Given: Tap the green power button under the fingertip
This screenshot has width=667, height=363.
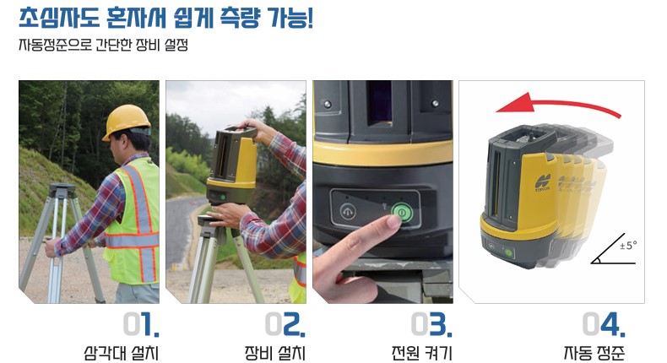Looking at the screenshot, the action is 402,212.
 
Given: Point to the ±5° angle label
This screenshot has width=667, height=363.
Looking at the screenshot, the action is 628,246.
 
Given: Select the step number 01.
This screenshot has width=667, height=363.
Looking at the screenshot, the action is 141,325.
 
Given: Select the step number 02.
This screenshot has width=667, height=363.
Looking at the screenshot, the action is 285,325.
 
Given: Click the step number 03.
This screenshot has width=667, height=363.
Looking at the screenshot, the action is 431,325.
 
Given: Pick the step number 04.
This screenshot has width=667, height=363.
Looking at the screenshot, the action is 604,325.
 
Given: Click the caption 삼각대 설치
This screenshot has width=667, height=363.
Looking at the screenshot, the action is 122,353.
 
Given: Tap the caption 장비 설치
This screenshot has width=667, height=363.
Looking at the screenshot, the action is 274,353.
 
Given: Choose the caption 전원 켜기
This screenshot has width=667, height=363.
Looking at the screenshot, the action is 421,353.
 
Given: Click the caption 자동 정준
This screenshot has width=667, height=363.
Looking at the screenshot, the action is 594,353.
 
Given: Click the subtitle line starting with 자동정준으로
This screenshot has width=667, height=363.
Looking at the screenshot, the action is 103,45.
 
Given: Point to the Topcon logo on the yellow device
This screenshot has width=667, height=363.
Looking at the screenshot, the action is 543,182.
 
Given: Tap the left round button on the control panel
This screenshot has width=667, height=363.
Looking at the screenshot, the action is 348,211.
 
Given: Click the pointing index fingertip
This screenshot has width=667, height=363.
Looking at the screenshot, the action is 393,221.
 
